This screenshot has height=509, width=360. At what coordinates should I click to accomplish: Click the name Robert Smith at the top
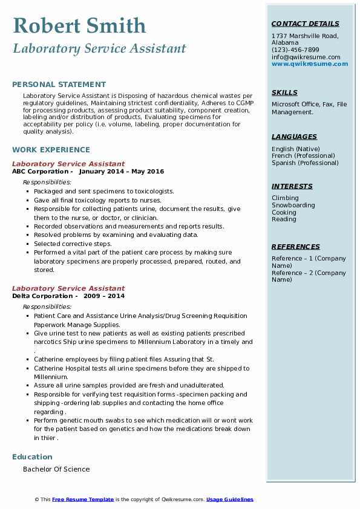[x=79, y=25]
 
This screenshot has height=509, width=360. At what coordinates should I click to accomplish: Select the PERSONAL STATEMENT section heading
[x=59, y=85]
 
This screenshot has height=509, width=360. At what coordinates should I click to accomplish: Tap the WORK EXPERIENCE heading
[x=51, y=149]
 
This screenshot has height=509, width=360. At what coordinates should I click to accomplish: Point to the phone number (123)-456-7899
[x=295, y=50]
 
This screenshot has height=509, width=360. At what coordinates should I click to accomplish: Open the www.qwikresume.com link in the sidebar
[x=306, y=63]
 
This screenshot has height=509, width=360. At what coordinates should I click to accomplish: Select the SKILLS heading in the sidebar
[x=284, y=92]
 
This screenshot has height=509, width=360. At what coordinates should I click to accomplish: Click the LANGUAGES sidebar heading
[x=294, y=137]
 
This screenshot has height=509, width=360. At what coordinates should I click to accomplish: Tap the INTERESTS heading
[x=292, y=186]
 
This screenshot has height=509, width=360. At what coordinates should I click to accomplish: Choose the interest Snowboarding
[x=293, y=205]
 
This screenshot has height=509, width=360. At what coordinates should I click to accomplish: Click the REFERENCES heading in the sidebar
[x=296, y=247]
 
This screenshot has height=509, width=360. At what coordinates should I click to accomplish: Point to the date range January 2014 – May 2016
[x=121, y=172]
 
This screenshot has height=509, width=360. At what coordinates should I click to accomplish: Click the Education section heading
[x=32, y=456]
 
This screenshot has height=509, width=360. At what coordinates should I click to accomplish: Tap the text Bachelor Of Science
[x=56, y=469]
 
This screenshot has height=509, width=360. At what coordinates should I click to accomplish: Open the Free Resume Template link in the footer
[x=83, y=499]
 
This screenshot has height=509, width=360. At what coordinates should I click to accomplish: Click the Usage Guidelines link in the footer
[x=230, y=499]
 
